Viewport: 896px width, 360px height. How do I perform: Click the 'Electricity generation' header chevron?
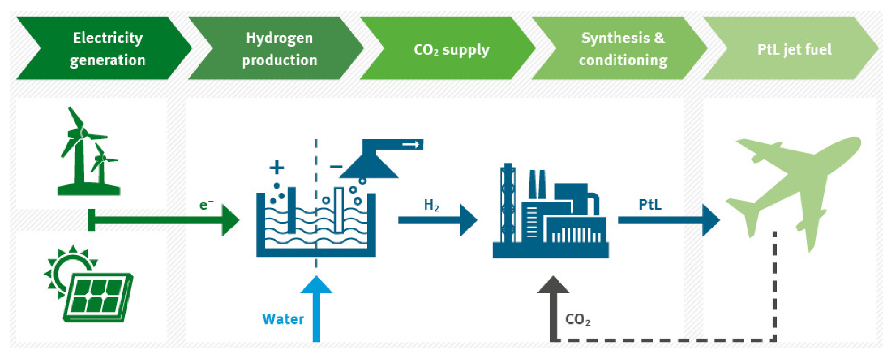tap(104, 49)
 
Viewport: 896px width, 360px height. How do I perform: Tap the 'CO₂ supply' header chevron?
tap(449, 49)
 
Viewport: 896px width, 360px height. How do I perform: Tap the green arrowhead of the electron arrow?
tap(230, 220)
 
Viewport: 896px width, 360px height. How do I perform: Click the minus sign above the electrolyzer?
tap(336, 167)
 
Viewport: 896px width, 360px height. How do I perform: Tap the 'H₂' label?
tap(431, 205)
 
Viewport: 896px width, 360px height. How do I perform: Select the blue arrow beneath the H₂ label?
tap(438, 220)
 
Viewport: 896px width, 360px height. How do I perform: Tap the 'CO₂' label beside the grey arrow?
tap(577, 319)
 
